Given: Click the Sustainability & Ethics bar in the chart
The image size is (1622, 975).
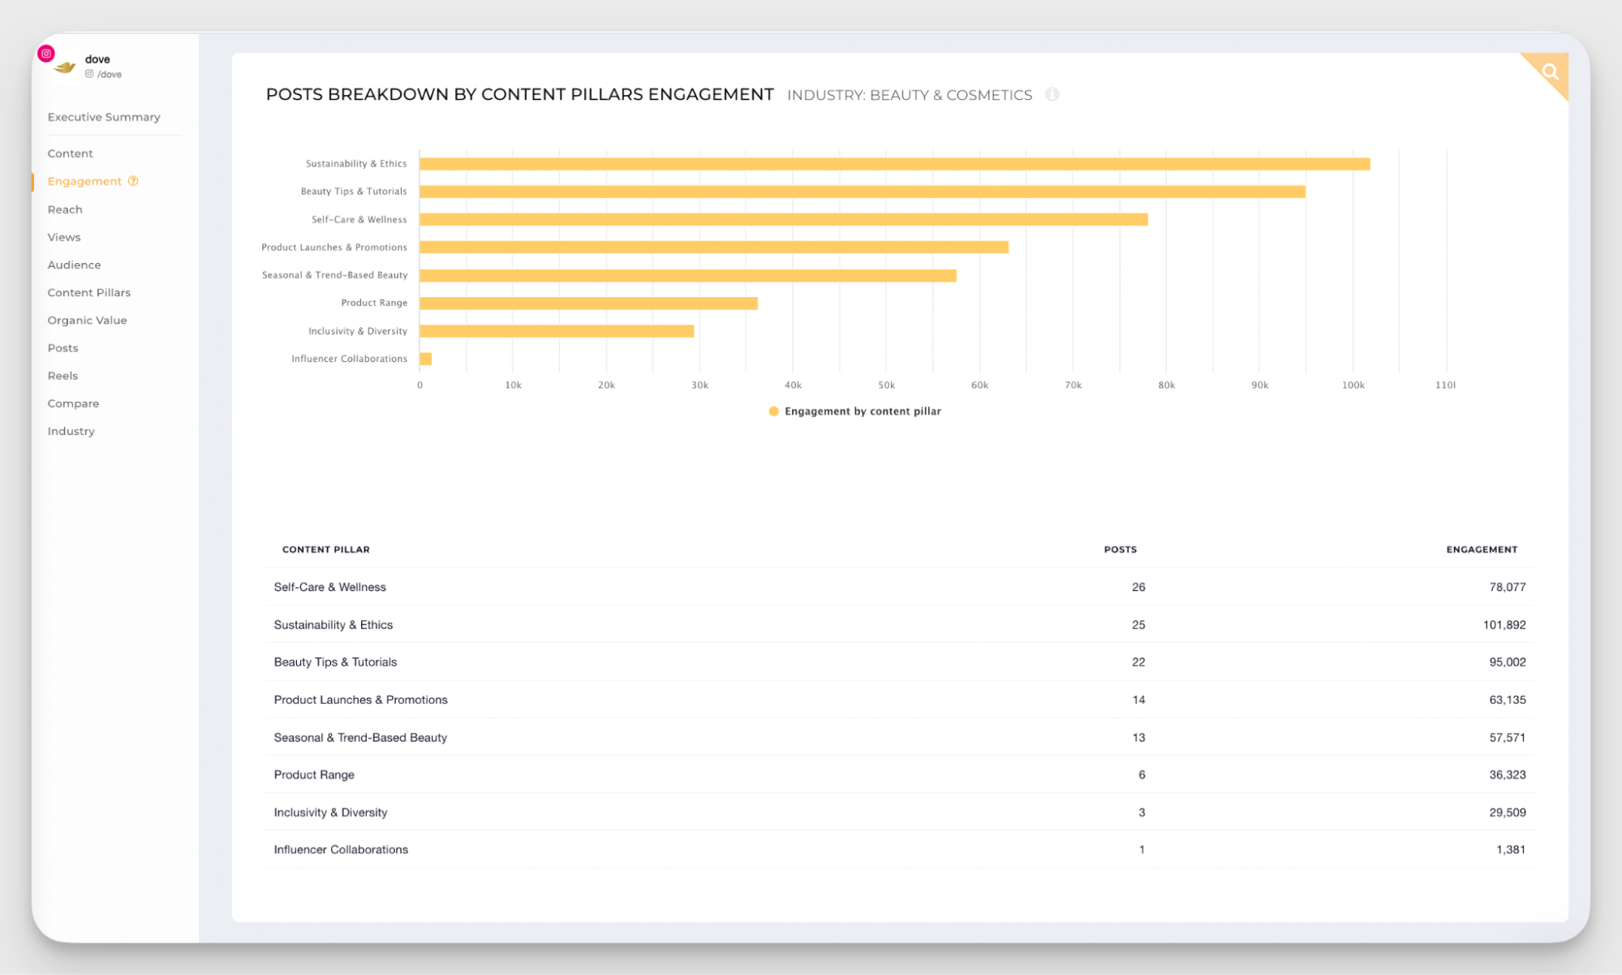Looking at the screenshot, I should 893,164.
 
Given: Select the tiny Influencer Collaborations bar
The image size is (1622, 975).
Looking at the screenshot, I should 425,359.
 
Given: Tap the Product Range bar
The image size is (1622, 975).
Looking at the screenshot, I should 588,304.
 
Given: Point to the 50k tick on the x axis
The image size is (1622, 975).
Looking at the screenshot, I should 886,385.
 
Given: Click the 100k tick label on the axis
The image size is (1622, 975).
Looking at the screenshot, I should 1353,385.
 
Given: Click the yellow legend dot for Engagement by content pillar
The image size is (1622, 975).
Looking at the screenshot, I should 773,412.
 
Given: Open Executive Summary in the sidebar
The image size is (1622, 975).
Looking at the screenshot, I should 104,117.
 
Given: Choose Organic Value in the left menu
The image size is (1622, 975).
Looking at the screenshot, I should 87,320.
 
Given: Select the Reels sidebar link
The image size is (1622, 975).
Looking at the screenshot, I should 62,376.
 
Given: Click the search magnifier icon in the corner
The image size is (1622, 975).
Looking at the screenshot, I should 1550,71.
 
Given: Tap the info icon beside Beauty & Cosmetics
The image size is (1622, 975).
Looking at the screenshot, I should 1052,94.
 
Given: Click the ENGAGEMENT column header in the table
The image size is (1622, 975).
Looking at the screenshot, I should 1481,550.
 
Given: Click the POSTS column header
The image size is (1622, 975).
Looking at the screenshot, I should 1120,550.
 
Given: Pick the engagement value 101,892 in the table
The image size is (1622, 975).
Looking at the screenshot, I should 1504,625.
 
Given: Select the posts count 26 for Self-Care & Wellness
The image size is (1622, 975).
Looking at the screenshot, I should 1138,587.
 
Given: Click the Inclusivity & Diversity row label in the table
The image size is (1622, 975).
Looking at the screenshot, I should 330,813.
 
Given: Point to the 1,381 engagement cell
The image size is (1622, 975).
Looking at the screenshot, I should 1510,850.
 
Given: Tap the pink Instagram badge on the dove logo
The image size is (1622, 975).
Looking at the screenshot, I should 46,54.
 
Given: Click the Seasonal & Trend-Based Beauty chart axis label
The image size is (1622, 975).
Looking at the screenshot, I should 334,275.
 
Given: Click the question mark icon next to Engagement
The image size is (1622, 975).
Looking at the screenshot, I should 133,181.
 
